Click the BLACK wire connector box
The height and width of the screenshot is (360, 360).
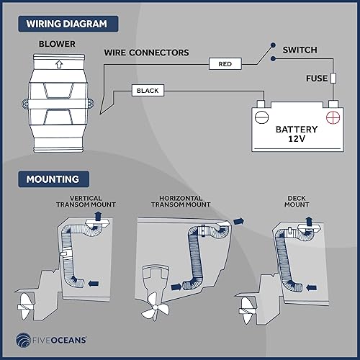tap(149, 91)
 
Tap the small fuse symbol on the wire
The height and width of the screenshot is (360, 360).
tap(333, 78)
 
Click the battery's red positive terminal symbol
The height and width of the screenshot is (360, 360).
tap(332, 117)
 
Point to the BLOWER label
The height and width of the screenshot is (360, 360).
tap(49, 43)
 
